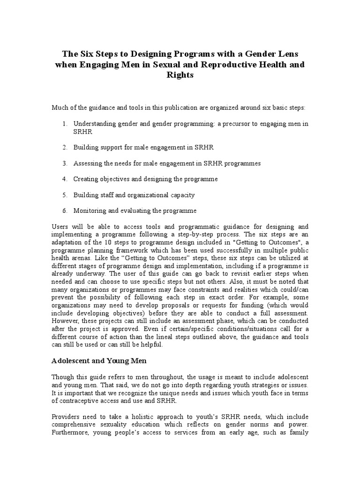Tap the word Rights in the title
[180, 75]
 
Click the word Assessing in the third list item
[88, 163]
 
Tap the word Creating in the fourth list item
[86, 179]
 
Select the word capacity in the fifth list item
[180, 195]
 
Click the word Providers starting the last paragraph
[65, 417]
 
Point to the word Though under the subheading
[62, 377]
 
